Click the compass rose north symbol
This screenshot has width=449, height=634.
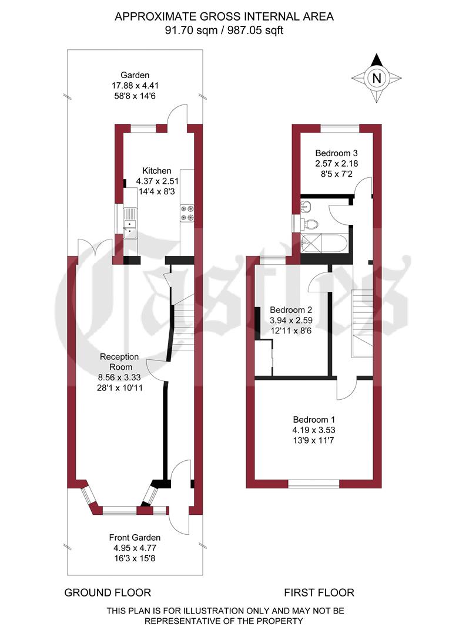tap(377, 76)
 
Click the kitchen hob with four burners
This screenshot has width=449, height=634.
tap(187, 213)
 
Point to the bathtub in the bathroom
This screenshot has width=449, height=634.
tap(324, 242)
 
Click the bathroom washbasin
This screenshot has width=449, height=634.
tap(304, 206)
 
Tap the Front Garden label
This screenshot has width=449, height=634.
tap(135, 537)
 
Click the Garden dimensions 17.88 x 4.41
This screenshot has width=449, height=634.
tap(135, 85)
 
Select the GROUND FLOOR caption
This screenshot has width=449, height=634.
tap(108, 592)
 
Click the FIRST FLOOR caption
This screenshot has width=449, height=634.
tap(319, 592)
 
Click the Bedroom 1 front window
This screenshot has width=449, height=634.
tap(313, 484)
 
